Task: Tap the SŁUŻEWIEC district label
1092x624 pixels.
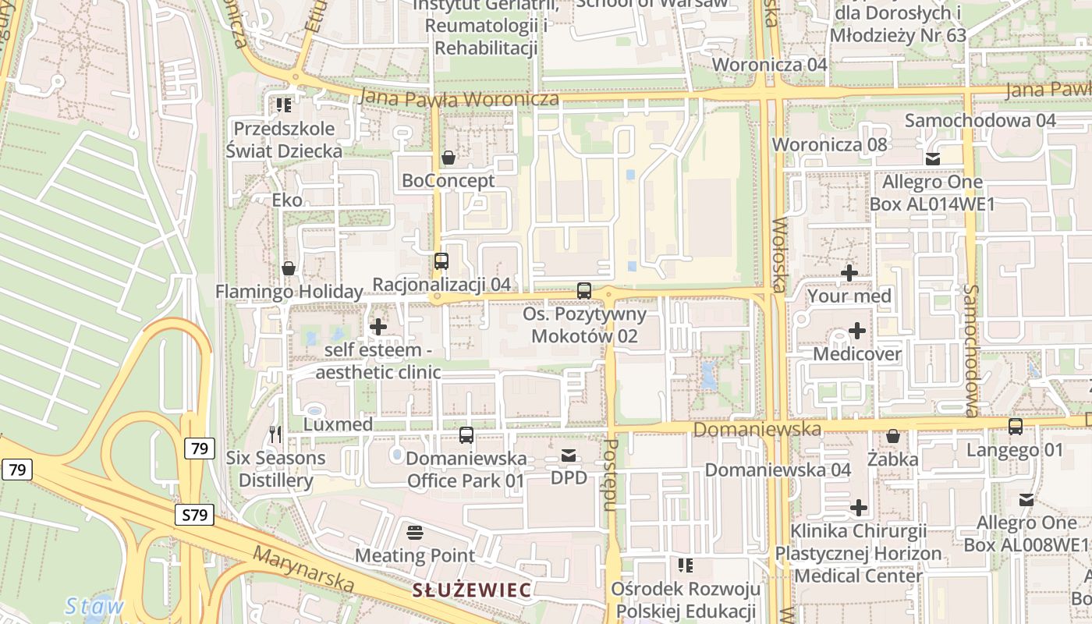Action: click(x=472, y=590)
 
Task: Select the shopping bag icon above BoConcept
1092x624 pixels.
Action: click(x=448, y=158)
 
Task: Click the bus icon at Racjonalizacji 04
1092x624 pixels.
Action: click(x=441, y=261)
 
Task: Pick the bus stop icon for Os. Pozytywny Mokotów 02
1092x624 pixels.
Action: click(x=584, y=291)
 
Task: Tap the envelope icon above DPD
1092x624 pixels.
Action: click(x=569, y=455)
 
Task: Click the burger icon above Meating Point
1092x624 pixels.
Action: click(x=415, y=533)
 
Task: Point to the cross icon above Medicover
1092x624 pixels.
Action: click(x=856, y=331)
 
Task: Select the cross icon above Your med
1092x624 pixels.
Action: click(x=849, y=273)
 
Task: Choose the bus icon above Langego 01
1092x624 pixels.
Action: click(x=1015, y=427)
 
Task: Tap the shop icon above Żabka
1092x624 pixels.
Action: click(x=893, y=436)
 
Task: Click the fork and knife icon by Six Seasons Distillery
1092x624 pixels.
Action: click(x=275, y=434)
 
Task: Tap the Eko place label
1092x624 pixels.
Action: click(x=287, y=200)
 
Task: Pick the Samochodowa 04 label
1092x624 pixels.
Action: click(x=980, y=120)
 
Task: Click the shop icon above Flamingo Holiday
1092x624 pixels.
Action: click(x=289, y=269)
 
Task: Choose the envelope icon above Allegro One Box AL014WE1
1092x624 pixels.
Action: click(x=933, y=159)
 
